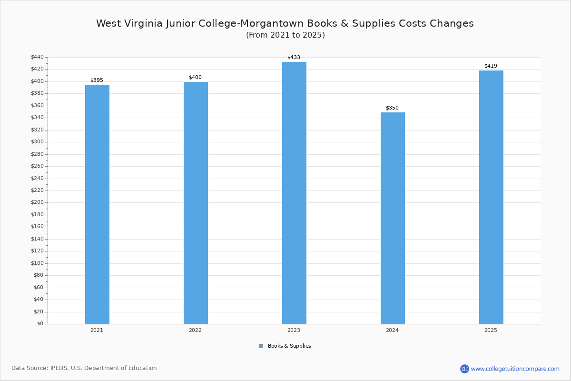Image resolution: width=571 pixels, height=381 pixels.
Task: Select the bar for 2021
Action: [x=97, y=204]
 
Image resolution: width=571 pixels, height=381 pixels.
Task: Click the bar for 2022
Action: [x=196, y=203]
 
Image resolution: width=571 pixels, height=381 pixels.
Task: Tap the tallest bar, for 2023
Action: [x=294, y=193]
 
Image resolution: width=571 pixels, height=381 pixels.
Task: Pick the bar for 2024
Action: [x=393, y=218]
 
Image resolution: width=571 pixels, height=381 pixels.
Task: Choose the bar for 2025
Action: [x=491, y=197]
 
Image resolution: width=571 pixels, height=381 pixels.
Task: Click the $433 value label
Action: [x=294, y=58]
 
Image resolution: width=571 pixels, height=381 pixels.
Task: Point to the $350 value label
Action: [x=392, y=108]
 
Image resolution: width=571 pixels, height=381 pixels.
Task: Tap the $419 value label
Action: [x=491, y=66]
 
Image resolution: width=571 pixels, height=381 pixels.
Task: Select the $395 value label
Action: [x=97, y=80]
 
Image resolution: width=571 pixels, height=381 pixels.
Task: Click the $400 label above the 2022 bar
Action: [x=195, y=78]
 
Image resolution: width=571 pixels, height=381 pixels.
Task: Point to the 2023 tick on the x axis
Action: [x=294, y=330]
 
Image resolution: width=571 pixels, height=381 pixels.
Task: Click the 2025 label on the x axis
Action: [x=491, y=330]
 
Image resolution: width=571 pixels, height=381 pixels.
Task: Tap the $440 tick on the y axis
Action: [x=37, y=57]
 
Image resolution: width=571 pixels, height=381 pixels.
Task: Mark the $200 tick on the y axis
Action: [x=37, y=202]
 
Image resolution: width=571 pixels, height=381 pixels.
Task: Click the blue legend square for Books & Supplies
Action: [x=261, y=346]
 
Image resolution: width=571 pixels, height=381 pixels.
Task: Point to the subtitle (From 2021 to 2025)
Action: [x=285, y=35]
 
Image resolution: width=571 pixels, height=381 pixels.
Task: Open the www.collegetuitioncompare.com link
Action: [x=515, y=369]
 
